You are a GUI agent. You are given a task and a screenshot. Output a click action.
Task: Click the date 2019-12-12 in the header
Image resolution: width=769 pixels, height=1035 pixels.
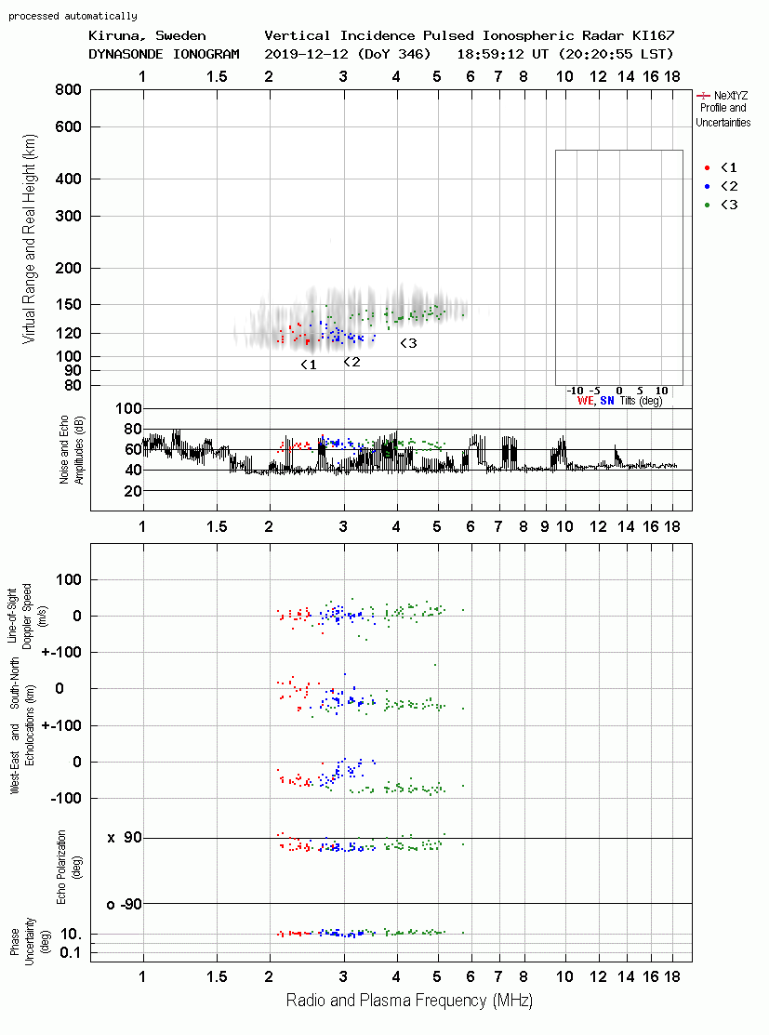(x=306, y=54)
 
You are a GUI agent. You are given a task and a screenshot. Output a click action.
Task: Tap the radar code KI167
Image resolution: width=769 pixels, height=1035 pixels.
(x=653, y=35)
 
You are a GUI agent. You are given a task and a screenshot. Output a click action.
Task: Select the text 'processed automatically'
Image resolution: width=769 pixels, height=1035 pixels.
(x=73, y=16)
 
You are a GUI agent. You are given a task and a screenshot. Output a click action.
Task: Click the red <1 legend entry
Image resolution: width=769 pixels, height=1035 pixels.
(x=722, y=167)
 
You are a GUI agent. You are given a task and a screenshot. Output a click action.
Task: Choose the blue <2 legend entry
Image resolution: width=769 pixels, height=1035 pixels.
(x=722, y=186)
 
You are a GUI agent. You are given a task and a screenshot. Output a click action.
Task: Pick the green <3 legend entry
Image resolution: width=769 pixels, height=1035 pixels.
(x=722, y=205)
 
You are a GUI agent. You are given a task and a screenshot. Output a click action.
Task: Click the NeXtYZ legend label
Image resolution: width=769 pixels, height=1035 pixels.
(x=731, y=96)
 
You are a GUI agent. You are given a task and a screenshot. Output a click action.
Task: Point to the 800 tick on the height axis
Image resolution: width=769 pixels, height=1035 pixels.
(x=68, y=90)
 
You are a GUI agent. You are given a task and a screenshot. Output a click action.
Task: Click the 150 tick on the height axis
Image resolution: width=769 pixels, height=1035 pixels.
(x=68, y=304)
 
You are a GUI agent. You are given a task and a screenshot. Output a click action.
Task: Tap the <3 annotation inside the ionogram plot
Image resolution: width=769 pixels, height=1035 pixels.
(x=408, y=343)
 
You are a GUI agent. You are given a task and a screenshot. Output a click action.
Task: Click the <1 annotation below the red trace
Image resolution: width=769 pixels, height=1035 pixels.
(x=309, y=365)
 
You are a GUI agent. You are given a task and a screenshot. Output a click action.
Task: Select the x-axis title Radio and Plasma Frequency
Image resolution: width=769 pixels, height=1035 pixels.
(x=409, y=1001)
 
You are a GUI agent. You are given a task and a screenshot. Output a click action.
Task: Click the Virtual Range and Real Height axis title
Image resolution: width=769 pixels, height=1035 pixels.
(x=29, y=239)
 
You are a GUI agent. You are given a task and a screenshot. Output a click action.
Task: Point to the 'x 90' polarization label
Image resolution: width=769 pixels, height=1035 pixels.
(x=125, y=838)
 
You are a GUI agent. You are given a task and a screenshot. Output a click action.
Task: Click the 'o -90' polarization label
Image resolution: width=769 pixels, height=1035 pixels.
(x=125, y=904)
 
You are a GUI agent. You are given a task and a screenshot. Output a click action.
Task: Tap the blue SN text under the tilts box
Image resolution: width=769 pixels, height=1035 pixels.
(x=607, y=401)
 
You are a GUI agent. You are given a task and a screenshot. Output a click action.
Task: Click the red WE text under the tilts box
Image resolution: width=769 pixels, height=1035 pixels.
(x=586, y=401)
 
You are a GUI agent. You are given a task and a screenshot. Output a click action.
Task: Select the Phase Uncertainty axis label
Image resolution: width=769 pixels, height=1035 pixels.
(x=22, y=941)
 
